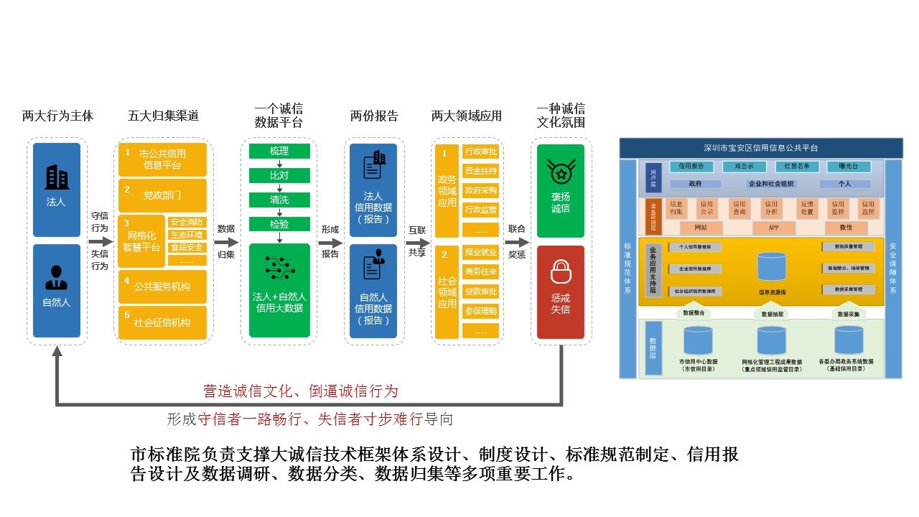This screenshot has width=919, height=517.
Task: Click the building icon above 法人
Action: pos(57,177)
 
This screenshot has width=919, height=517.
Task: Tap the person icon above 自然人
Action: pos(57,278)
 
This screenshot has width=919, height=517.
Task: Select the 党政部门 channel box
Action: pos(162,195)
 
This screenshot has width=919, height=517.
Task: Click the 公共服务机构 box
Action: pos(162,286)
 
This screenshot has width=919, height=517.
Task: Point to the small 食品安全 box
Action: pos(187,248)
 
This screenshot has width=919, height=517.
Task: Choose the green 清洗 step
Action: pos(279,200)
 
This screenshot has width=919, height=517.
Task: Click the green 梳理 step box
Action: pos(279,151)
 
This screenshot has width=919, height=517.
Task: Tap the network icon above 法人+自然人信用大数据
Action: pos(279,267)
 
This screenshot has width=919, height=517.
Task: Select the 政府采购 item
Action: pos(481,190)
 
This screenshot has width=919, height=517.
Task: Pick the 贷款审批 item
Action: pos(481,292)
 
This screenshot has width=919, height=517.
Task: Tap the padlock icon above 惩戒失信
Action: pos(560,272)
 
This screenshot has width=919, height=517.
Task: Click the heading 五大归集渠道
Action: pos(163,116)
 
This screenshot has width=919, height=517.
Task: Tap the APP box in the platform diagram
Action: pos(773,228)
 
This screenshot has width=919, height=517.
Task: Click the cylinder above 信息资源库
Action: pos(772,267)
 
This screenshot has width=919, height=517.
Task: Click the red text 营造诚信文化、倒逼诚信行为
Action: pos(300,391)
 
